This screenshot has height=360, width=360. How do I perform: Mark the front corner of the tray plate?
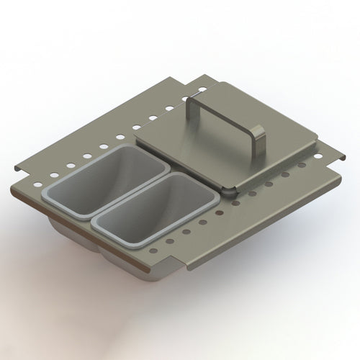pos(186,269)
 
